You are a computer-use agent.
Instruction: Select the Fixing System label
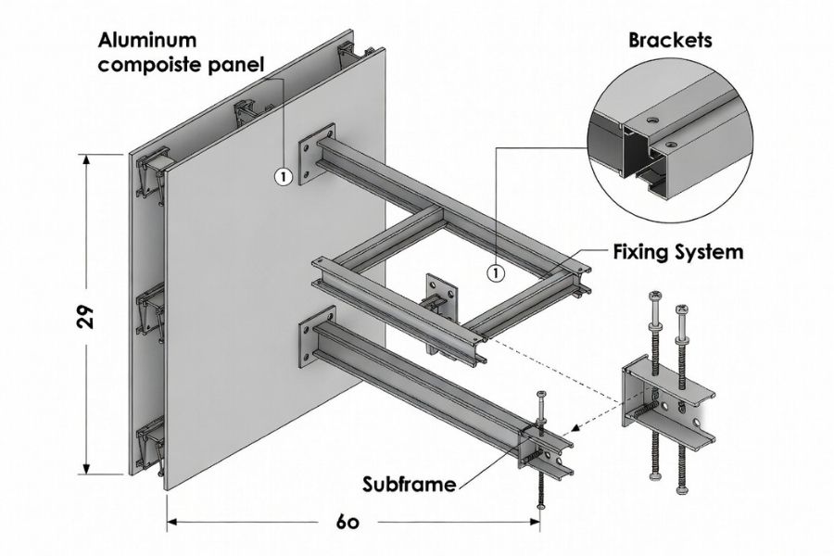tap(678, 251)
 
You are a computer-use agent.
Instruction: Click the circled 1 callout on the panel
tap(283, 175)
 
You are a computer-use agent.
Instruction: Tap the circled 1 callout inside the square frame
tap(496, 272)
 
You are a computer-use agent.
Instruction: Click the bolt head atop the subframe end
tap(542, 397)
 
